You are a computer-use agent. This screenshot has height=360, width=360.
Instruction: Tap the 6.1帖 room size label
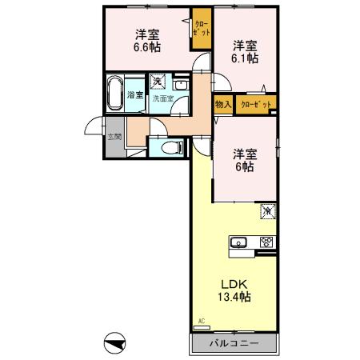pyautogui.click(x=245, y=58)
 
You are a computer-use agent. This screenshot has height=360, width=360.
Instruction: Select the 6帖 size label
pyautogui.click(x=243, y=167)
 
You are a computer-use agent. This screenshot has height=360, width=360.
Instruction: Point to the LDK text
pyautogui.click(x=233, y=284)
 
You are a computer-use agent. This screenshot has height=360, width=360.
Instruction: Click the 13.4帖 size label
pyautogui.click(x=233, y=298)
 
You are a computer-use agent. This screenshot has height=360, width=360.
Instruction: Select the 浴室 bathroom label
pyautogui.click(x=135, y=95)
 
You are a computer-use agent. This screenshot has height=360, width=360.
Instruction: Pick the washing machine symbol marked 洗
pyautogui.click(x=158, y=82)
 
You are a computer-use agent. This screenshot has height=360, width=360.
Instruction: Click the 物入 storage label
pyautogui.click(x=222, y=104)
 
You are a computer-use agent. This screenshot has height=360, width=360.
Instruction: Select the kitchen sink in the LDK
pyautogui.click(x=239, y=243)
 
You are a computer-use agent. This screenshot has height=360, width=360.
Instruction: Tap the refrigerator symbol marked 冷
pyautogui.click(x=267, y=212)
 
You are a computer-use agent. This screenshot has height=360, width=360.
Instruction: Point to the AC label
pyautogui.click(x=201, y=321)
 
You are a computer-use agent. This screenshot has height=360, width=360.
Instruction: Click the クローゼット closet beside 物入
pyautogui.click(x=255, y=104)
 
